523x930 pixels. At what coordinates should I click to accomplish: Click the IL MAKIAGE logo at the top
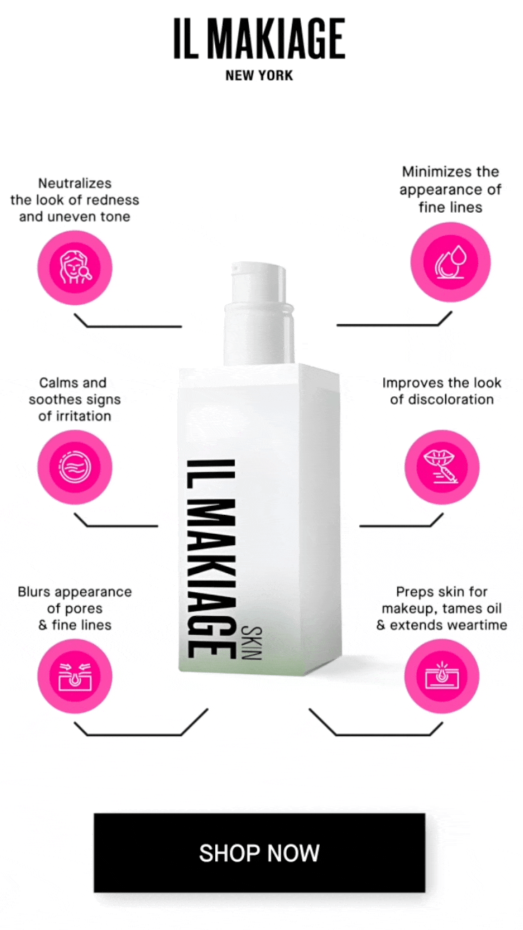[x=259, y=38]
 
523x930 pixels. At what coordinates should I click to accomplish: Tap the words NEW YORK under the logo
[x=259, y=76]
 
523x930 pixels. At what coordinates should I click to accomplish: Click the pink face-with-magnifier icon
[x=75, y=268]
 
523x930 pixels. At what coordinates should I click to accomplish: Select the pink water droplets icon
[x=451, y=263]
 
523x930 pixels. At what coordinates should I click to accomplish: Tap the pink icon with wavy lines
[x=75, y=467]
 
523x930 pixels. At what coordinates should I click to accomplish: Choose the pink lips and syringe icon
[x=442, y=467]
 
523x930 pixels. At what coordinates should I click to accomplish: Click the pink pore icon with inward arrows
[x=75, y=676]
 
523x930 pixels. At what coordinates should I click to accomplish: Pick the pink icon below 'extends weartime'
[x=442, y=676]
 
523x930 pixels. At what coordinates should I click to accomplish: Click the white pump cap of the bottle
[x=259, y=313]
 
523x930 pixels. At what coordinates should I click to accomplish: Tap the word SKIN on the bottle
[x=252, y=643]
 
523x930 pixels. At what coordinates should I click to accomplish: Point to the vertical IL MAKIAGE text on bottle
[x=211, y=558]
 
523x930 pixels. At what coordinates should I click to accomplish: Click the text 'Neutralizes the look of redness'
[x=75, y=191]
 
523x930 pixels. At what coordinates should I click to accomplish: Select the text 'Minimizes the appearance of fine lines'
[x=451, y=190]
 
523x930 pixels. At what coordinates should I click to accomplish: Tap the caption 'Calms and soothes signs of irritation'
[x=75, y=399]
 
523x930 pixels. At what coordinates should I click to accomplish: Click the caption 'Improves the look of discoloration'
[x=442, y=391]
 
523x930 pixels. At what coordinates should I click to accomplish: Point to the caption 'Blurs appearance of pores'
[x=75, y=600]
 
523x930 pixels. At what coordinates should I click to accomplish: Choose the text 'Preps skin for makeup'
[x=442, y=600]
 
